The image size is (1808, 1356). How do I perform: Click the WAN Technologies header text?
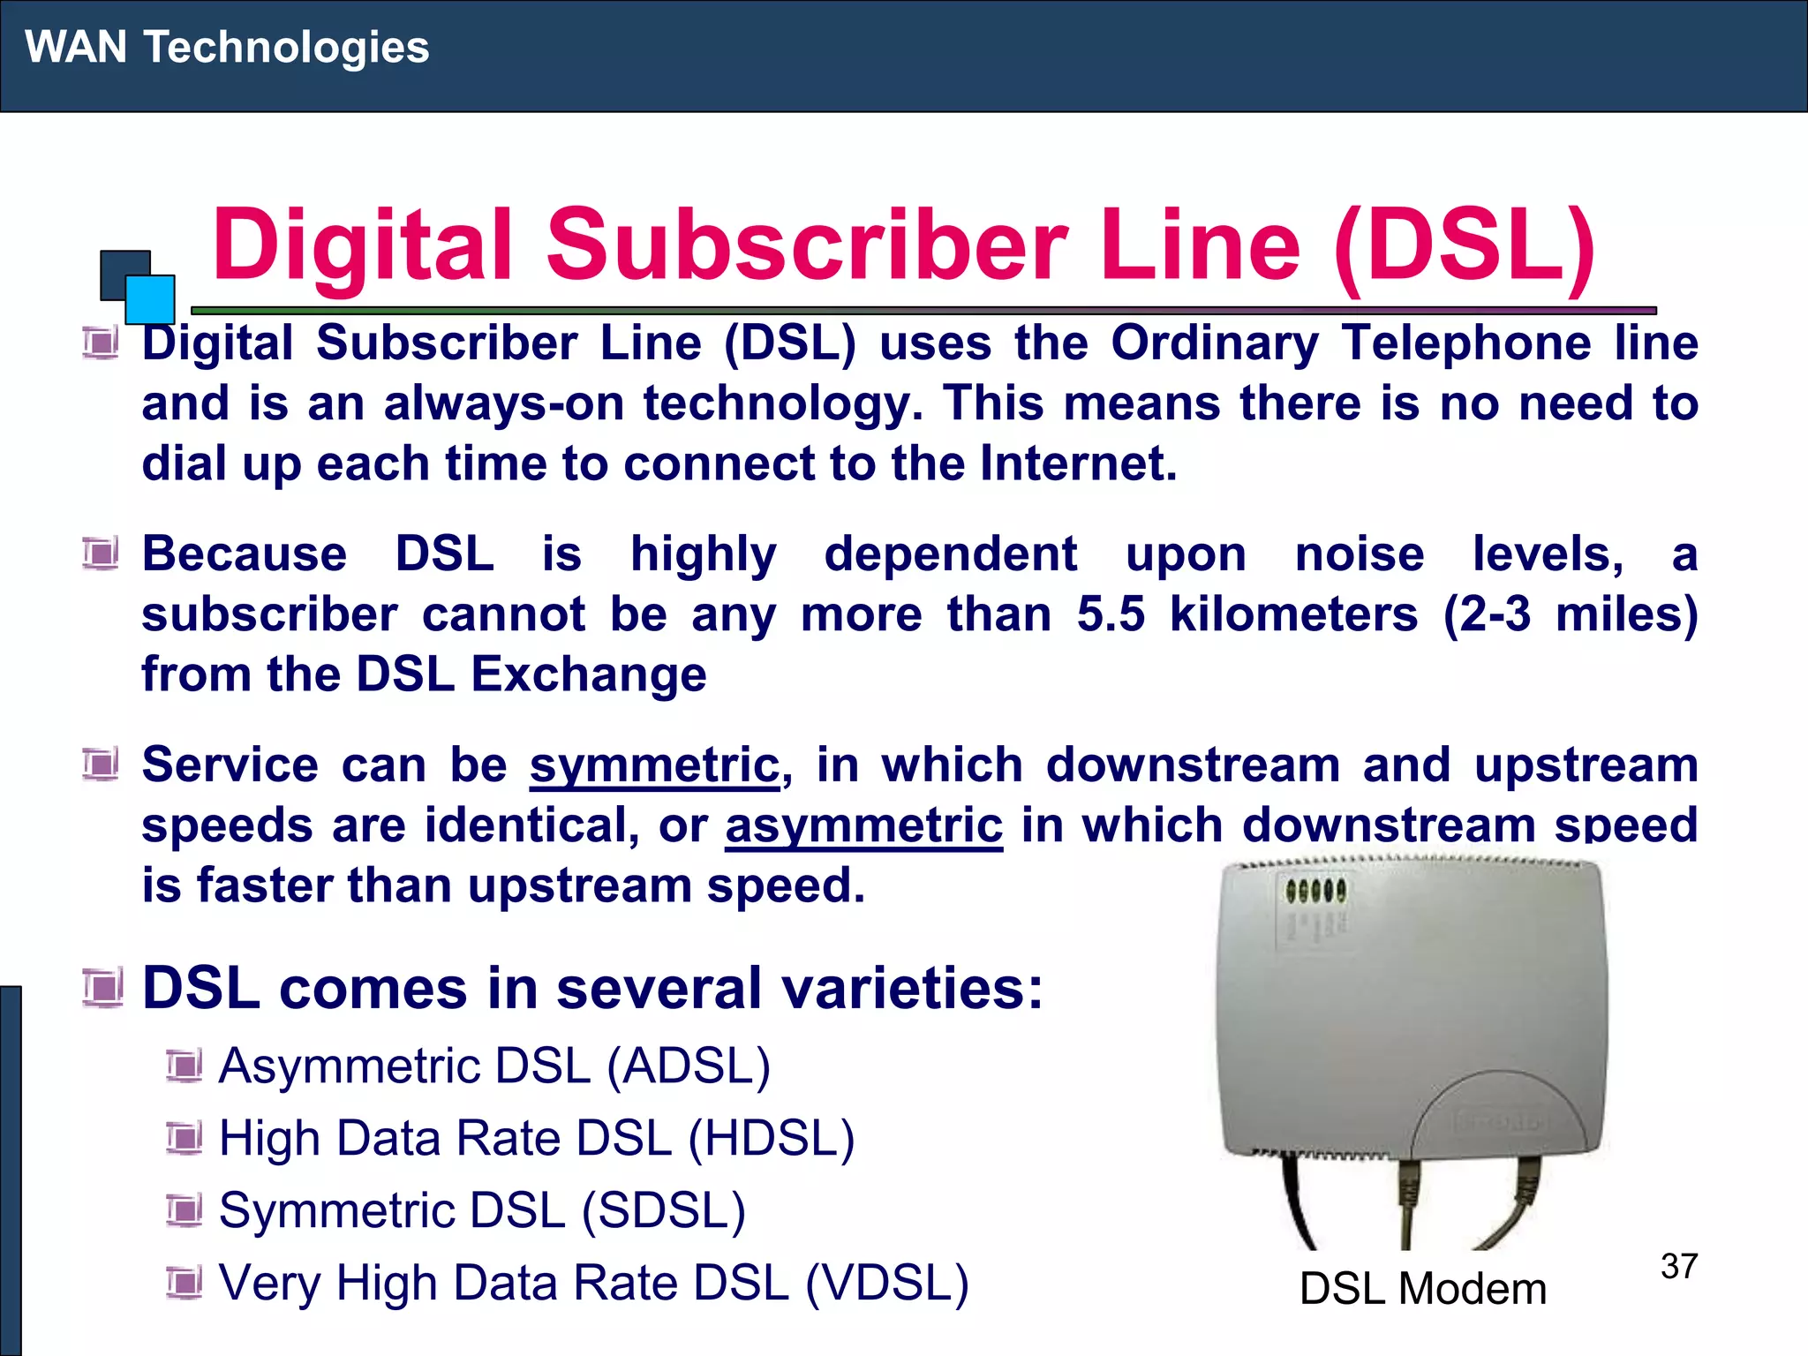point(227,47)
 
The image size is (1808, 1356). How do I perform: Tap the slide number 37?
point(1678,1266)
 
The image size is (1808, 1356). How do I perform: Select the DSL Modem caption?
point(1422,1289)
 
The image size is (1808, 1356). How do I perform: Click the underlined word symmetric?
point(654,765)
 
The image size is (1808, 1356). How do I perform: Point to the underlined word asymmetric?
point(863,825)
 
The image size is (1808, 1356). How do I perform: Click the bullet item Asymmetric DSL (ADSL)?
point(494,1066)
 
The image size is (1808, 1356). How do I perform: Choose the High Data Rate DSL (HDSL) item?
point(537,1138)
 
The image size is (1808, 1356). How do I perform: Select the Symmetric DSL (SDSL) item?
point(482,1210)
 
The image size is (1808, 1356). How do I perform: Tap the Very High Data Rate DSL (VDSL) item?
point(593,1283)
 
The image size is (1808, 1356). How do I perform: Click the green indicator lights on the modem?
point(1315,891)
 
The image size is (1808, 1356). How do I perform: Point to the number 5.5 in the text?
point(1111,614)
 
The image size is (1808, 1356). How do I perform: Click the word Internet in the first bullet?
point(1078,463)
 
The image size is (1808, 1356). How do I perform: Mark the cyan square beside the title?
point(150,299)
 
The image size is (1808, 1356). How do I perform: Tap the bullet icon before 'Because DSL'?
point(101,554)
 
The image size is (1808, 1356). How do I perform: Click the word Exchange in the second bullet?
point(589,674)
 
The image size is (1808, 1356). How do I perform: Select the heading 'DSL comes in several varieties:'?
point(592,988)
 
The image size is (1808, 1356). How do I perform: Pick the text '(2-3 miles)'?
point(1571,614)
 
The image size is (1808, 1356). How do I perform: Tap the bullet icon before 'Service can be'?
point(101,765)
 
